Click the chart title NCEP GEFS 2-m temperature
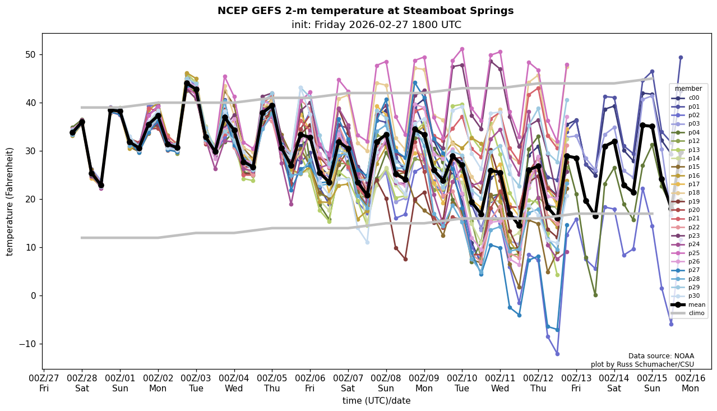click(365, 11)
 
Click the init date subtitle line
click(376, 25)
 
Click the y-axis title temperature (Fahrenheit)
click(10, 201)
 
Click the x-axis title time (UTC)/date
click(376, 400)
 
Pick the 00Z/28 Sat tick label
click(82, 384)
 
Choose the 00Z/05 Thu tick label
click(272, 384)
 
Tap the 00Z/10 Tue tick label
click(462, 384)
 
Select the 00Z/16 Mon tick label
click(690, 384)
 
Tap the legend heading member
click(688, 89)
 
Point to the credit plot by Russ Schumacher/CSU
click(642, 364)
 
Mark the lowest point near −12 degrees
click(557, 354)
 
